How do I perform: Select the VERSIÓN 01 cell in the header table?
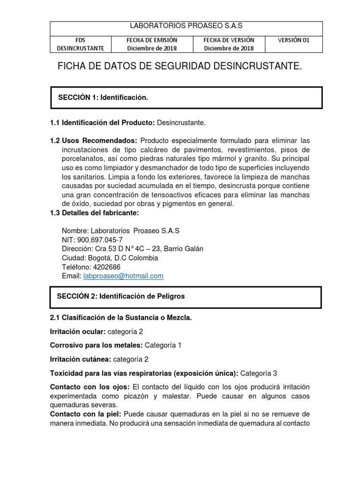294,40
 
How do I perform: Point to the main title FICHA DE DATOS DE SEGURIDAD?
180,67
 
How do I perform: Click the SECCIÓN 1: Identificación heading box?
186,97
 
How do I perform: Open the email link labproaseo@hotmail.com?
123,276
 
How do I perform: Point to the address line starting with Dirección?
133,249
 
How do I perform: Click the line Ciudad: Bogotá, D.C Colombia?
110,258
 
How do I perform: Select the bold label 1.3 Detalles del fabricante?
94,213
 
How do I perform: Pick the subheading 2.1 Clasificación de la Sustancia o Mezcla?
121,318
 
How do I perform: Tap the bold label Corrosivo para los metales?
96,345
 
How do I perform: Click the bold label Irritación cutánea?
78,359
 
